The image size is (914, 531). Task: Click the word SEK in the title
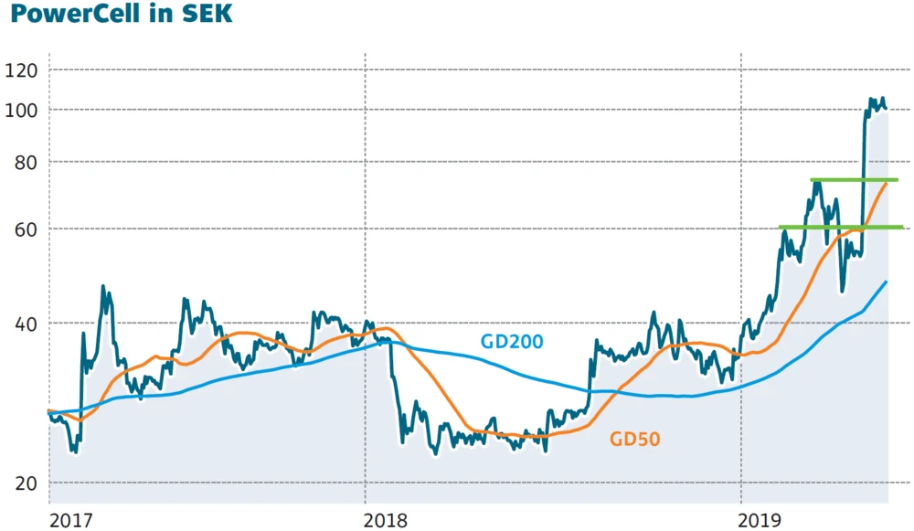point(206,17)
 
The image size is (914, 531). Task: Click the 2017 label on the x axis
point(71,519)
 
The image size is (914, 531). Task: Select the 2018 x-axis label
point(387,519)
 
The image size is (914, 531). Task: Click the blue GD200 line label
point(512,343)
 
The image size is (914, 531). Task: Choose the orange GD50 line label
point(634,440)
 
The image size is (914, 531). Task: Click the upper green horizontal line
point(854,180)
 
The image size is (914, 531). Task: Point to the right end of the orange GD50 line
point(886,184)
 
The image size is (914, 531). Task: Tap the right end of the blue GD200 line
point(886,281)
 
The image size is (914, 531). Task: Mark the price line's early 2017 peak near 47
point(103,287)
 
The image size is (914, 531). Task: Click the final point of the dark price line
point(885,109)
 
